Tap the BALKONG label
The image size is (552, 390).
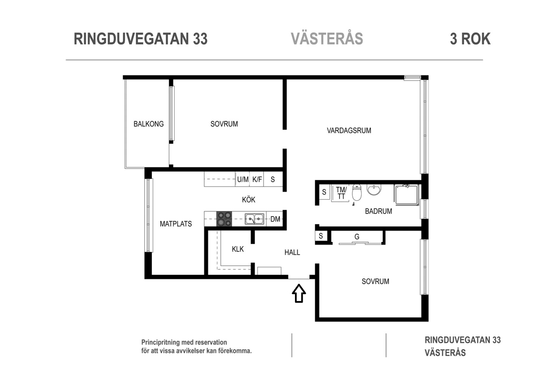[148, 124]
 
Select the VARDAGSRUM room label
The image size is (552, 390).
[348, 130]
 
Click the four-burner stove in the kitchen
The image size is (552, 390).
[224, 219]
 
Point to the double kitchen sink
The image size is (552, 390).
[254, 219]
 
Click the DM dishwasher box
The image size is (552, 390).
[275, 219]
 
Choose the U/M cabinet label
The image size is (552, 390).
[243, 179]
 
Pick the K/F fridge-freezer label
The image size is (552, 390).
[257, 179]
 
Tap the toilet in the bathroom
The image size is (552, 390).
[356, 192]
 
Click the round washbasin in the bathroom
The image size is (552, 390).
[374, 189]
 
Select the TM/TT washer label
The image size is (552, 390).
[341, 192]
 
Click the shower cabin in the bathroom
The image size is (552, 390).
[406, 195]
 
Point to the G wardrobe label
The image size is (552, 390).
[357, 237]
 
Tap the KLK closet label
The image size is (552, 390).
[238, 249]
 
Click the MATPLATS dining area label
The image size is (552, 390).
[176, 224]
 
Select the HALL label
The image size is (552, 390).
[292, 252]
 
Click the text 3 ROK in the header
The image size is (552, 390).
[470, 39]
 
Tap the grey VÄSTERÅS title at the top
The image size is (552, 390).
[326, 39]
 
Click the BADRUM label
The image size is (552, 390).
[378, 211]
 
